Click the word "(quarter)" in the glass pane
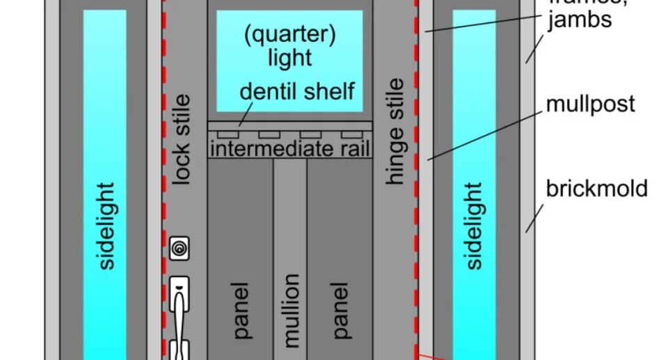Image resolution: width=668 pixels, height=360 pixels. click(289, 35)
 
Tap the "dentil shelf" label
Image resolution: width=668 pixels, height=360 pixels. click(298, 91)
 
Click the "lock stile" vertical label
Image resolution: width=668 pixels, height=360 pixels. click(180, 140)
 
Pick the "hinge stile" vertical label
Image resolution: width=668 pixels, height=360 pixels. click(395, 132)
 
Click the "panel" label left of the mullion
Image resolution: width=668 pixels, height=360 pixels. click(241, 311)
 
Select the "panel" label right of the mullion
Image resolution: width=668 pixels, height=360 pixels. click(339, 311)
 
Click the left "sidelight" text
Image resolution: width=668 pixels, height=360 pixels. click(106, 226)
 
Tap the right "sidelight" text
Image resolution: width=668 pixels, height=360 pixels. click(473, 226)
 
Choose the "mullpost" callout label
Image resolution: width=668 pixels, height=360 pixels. click(591, 104)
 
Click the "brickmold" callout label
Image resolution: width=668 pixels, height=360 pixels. click(596, 189)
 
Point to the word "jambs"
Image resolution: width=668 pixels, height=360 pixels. click(580, 19)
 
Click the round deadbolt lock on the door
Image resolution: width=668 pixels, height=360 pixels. click(179, 248)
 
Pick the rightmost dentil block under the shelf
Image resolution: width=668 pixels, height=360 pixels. click(351, 134)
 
